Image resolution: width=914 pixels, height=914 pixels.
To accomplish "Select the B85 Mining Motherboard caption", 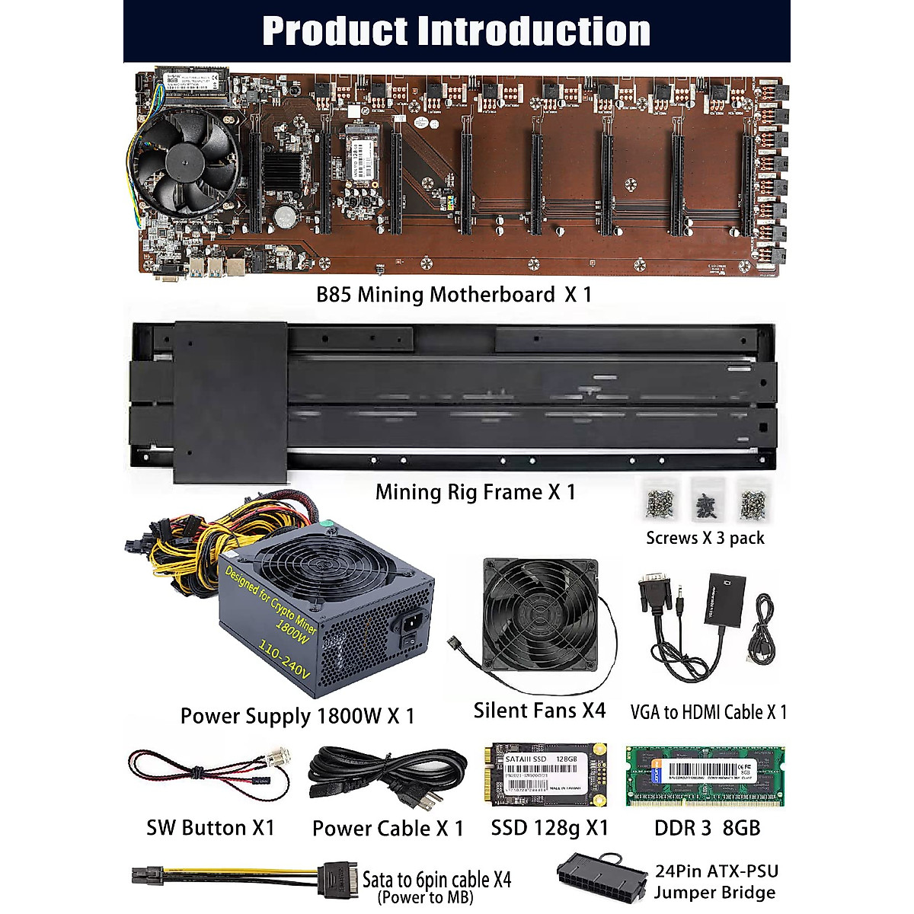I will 454,295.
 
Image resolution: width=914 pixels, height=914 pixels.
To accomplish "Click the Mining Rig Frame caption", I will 475,492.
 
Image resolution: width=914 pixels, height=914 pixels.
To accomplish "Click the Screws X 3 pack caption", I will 705,538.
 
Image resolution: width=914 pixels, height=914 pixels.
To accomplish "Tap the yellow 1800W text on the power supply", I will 292,628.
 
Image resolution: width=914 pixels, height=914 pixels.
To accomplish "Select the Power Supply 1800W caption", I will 297,716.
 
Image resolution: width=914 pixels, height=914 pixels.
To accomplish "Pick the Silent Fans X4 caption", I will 539,711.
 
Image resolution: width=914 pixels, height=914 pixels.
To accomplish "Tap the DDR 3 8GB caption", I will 707,828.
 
